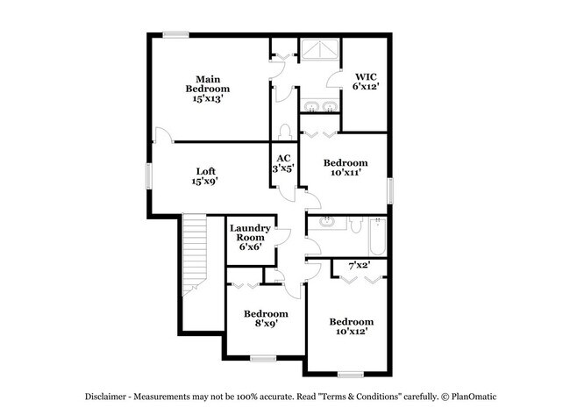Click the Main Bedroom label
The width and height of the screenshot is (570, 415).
click(x=208, y=89)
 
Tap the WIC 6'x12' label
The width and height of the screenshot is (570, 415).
click(x=365, y=82)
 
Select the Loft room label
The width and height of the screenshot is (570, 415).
click(x=205, y=176)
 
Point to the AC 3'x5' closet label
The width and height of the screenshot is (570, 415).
click(x=284, y=163)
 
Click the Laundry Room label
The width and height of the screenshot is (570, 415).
click(x=249, y=238)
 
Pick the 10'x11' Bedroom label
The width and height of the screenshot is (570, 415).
click(x=346, y=168)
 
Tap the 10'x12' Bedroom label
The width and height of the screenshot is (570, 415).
click(x=352, y=327)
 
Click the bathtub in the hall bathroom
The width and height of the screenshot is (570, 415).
click(x=378, y=237)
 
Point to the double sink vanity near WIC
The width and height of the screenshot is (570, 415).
click(x=319, y=106)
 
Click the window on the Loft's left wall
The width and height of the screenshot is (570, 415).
click(x=148, y=174)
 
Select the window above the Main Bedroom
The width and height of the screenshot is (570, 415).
click(x=175, y=35)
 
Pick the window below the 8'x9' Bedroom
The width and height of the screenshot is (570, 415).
click(x=263, y=358)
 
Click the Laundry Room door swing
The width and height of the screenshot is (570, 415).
click(x=281, y=234)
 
